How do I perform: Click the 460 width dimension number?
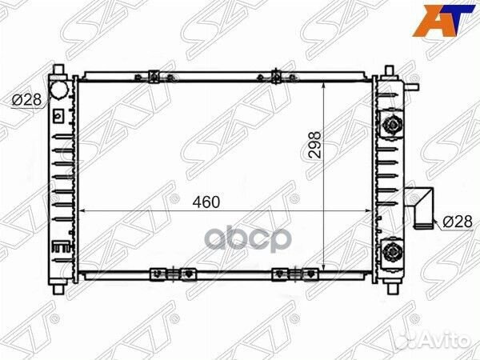click(206, 202)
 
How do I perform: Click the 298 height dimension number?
click(315, 145)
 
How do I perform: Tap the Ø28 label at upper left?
click(26, 99)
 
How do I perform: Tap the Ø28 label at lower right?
click(458, 221)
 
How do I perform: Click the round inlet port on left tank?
click(58, 90)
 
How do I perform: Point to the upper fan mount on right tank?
click(391, 124)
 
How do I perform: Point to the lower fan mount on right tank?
click(391, 251)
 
